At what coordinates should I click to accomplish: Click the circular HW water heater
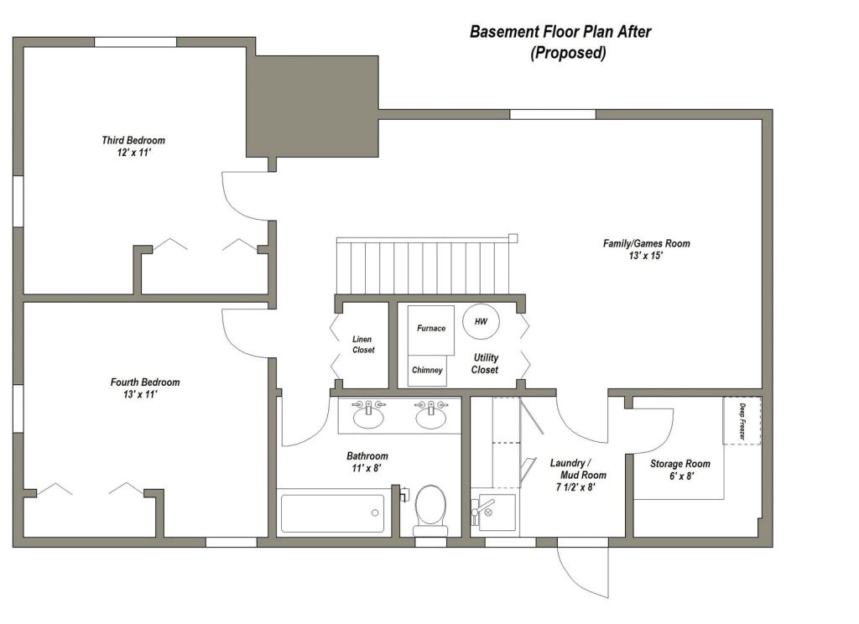coord(481,321)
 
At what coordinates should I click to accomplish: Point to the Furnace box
coord(431,329)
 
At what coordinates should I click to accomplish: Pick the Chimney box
coord(427,370)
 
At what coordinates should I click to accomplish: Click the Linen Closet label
coord(363,344)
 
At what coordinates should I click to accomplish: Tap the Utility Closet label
coord(485,363)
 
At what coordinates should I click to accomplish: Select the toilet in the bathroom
coord(430,506)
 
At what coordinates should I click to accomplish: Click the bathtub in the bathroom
coord(333,513)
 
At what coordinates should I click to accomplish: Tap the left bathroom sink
coord(368,414)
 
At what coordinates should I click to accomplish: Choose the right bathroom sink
coord(431,415)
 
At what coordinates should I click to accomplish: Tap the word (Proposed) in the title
coord(567,53)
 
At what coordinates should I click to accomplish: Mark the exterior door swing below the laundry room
coord(582,570)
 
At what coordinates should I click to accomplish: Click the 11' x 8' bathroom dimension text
coord(367,469)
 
